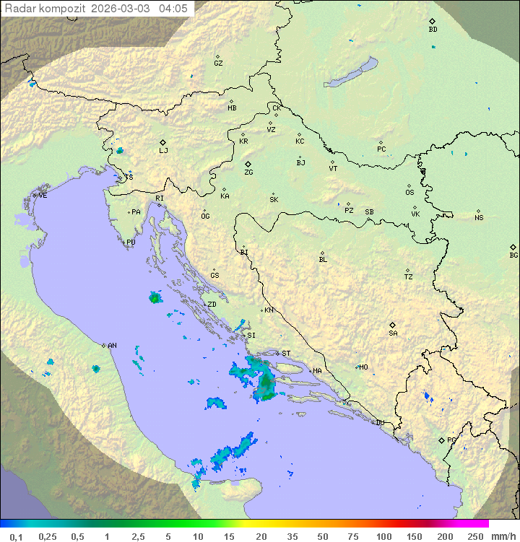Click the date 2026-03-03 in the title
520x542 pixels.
click(128, 9)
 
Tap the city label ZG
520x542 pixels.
click(248, 172)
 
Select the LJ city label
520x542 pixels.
click(163, 151)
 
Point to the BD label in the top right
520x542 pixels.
click(433, 30)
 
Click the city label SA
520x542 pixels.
click(393, 333)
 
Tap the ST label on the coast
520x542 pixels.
click(286, 354)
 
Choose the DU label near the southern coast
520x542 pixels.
click(379, 423)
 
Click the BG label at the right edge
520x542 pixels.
click(513, 255)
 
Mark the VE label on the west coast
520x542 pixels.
click(43, 196)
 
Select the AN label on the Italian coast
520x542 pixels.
click(112, 346)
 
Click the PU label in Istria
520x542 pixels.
click(131, 242)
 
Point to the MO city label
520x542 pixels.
click(363, 367)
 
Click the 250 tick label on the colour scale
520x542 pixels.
click(475, 536)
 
